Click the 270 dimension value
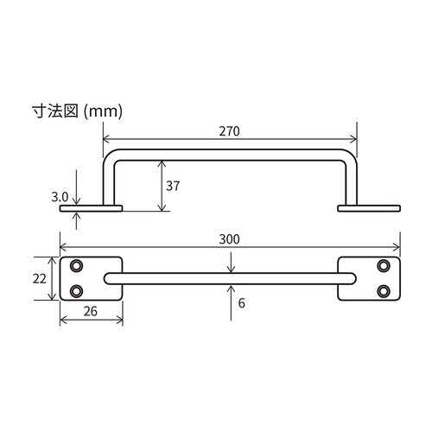click(229, 131)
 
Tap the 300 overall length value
click(229, 239)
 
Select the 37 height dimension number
click(173, 186)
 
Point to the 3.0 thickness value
click(60, 197)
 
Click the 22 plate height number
click(40, 279)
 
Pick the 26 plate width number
click(91, 311)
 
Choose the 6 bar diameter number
click(242, 303)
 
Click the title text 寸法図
click(55, 111)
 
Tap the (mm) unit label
click(103, 111)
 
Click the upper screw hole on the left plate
click(76, 265)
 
